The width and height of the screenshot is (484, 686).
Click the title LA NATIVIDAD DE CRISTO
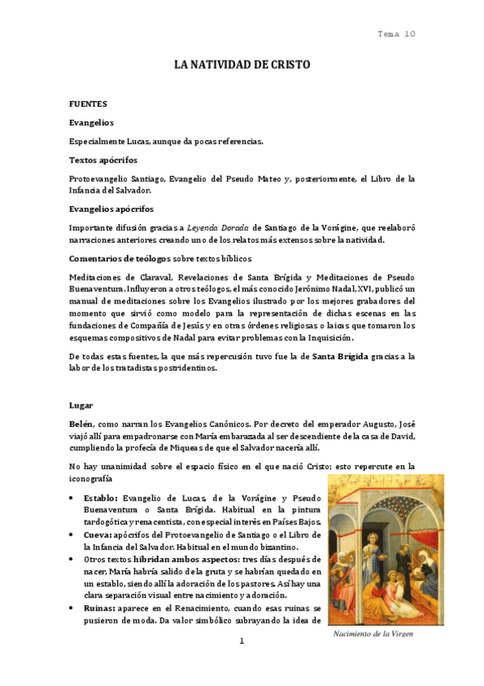242,64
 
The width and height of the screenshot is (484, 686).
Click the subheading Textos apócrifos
103,161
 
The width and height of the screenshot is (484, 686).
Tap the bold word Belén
82,423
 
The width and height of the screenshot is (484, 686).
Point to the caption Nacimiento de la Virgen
373,634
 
